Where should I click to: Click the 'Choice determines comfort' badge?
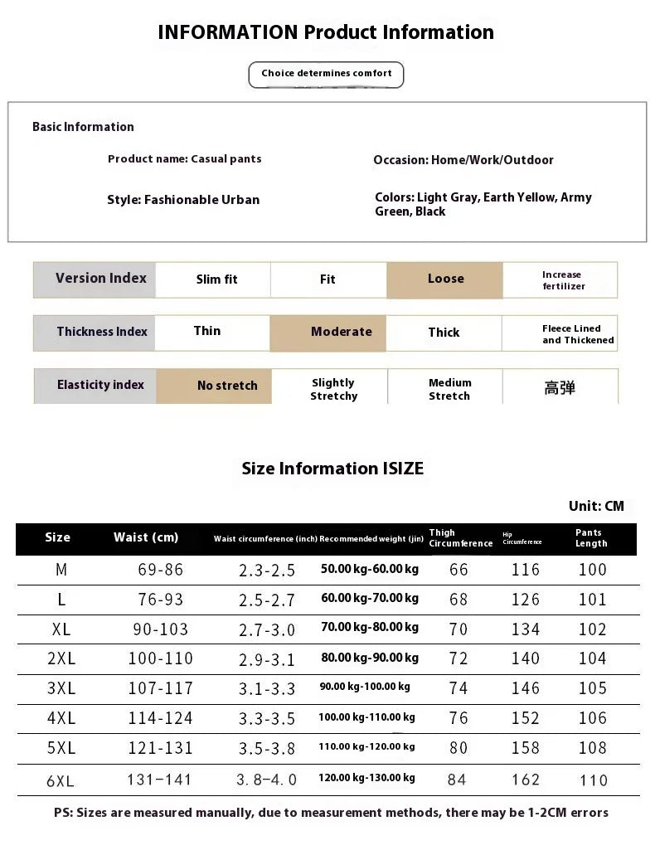[326, 74]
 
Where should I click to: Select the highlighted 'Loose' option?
[444, 279]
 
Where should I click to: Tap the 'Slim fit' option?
[216, 280]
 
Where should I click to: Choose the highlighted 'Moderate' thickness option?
[341, 332]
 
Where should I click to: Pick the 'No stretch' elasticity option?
[226, 386]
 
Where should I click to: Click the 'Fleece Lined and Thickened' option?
[577, 334]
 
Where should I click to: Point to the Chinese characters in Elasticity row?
[560, 387]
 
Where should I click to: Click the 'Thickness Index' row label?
[101, 332]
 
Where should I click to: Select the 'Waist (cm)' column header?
[146, 537]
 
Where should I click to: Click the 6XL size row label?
[60, 780]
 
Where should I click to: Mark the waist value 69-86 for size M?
[160, 570]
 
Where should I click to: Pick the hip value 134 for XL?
[526, 629]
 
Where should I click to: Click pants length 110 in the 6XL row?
[593, 780]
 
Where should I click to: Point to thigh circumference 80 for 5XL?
[458, 748]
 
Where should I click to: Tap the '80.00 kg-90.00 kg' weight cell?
[369, 658]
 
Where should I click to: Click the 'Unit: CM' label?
[596, 506]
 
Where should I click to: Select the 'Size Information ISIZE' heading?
[332, 469]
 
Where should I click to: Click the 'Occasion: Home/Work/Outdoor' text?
[463, 160]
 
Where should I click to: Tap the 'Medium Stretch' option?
[449, 389]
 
